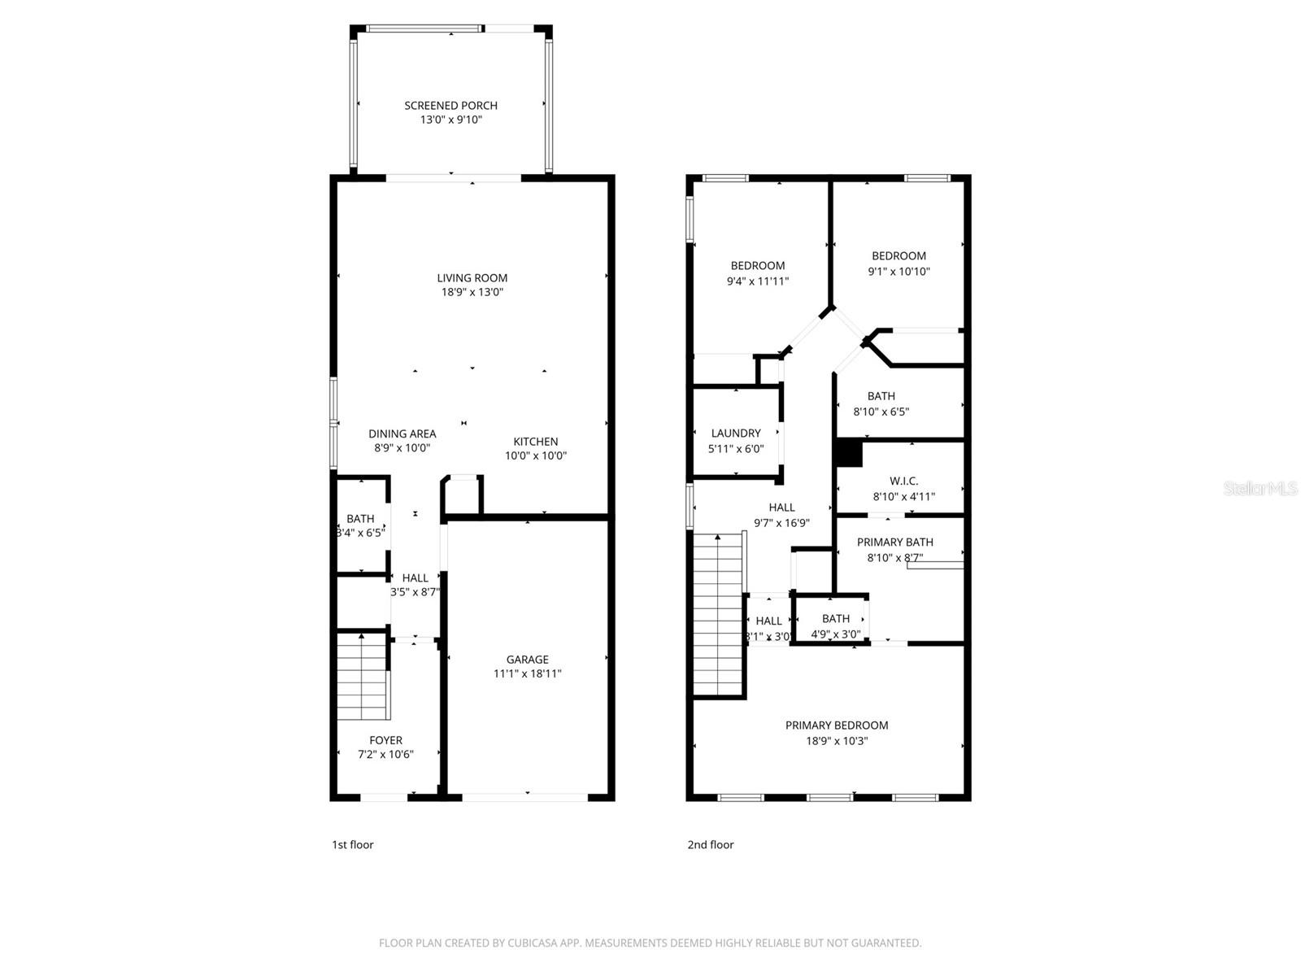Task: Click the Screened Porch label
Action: tap(450, 106)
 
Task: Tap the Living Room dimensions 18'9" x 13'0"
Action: tap(472, 292)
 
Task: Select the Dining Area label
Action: tap(402, 434)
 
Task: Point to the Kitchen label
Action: tap(535, 442)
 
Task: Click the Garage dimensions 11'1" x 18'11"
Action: tap(527, 673)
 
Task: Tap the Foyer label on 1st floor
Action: tap(385, 740)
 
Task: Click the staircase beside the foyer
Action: tap(362, 677)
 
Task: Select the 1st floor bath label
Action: tap(360, 519)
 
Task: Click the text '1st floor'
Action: tap(352, 844)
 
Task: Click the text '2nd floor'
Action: tap(710, 844)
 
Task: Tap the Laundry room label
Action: tap(736, 434)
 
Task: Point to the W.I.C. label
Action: tap(903, 481)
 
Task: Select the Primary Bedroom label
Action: tap(836, 725)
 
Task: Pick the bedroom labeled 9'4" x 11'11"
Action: tap(757, 273)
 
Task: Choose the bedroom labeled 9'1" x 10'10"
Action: tap(899, 264)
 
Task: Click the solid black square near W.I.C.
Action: tap(849, 453)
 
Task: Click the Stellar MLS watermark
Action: tap(1260, 489)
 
